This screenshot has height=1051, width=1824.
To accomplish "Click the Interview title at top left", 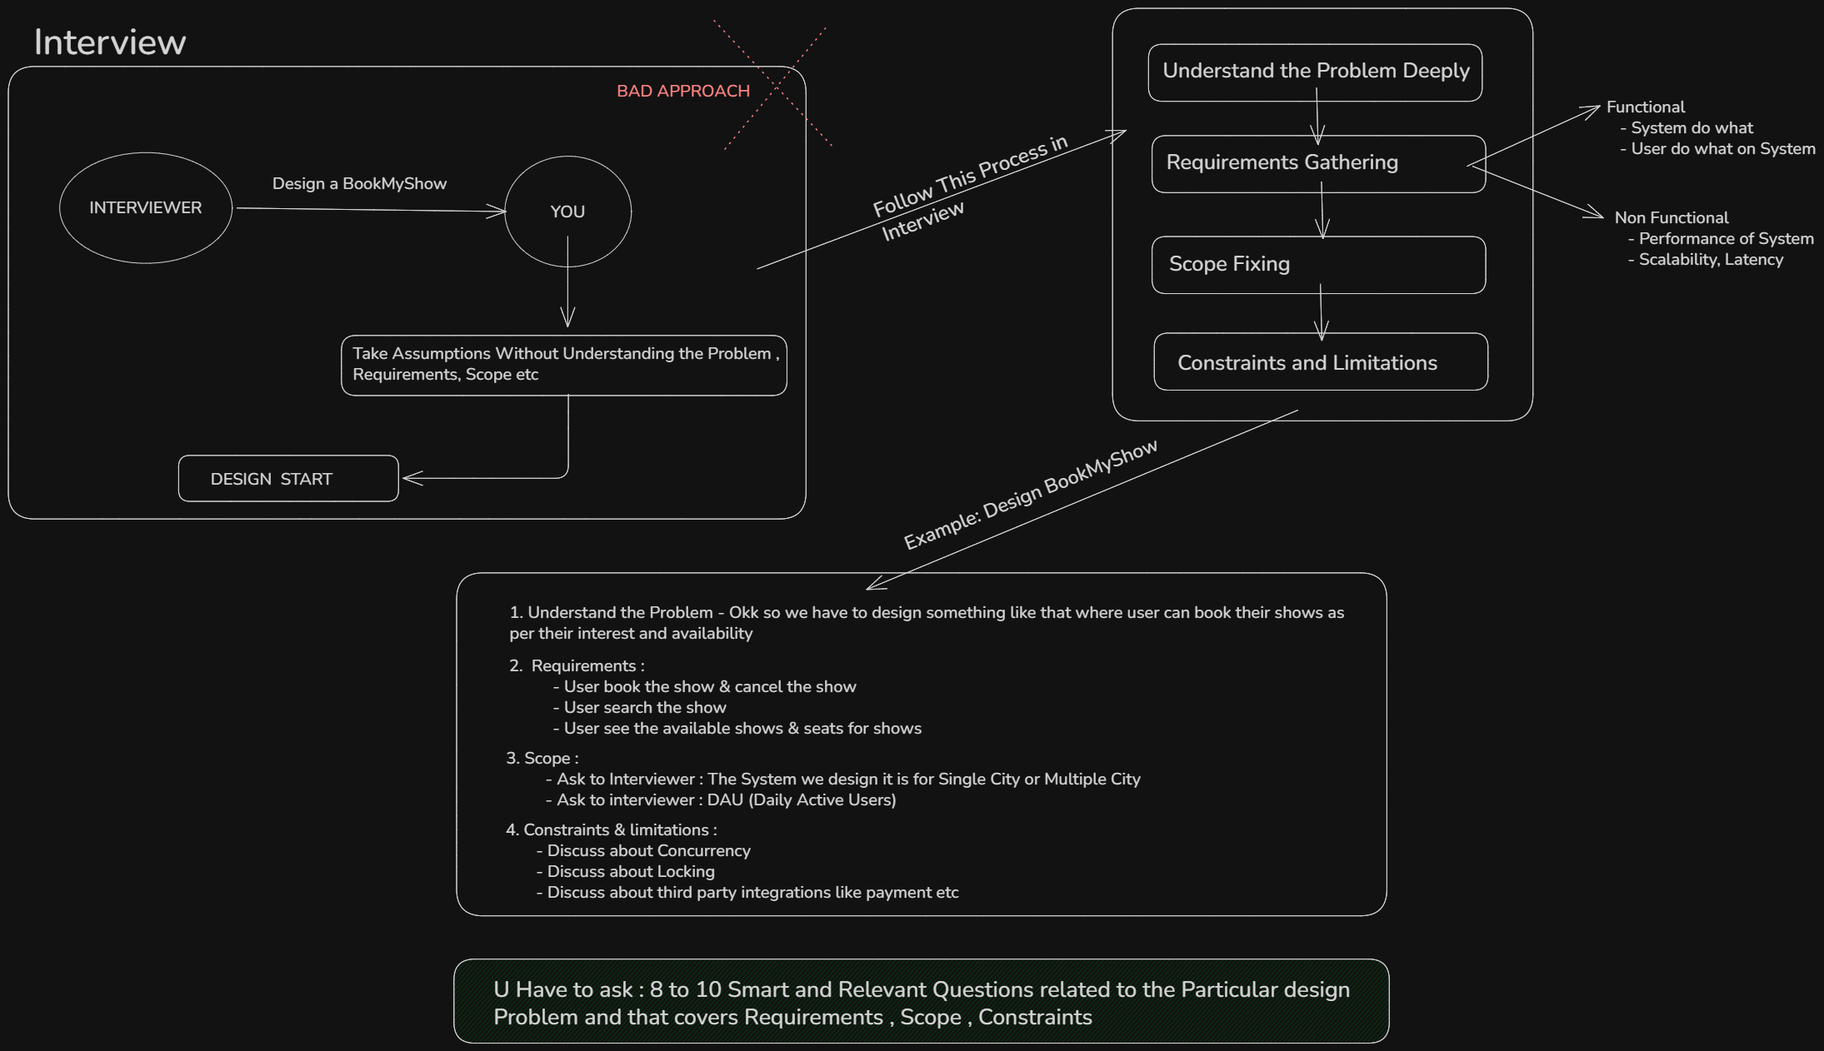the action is (x=109, y=42).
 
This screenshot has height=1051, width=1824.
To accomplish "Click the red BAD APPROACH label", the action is (x=683, y=91).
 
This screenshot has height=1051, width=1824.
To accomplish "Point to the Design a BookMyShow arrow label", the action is (x=360, y=183).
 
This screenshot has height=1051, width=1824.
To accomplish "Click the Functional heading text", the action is (x=1646, y=107).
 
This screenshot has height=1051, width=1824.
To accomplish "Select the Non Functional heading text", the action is (x=1672, y=217).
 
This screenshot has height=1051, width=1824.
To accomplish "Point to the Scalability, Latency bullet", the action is (x=1706, y=260).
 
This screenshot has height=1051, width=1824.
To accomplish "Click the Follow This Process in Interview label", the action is (x=969, y=188).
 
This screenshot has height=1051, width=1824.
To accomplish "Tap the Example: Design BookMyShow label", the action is (x=1031, y=494).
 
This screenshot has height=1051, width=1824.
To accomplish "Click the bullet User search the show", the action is (x=639, y=707).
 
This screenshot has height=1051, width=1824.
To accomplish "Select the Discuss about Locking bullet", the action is (x=625, y=871).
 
